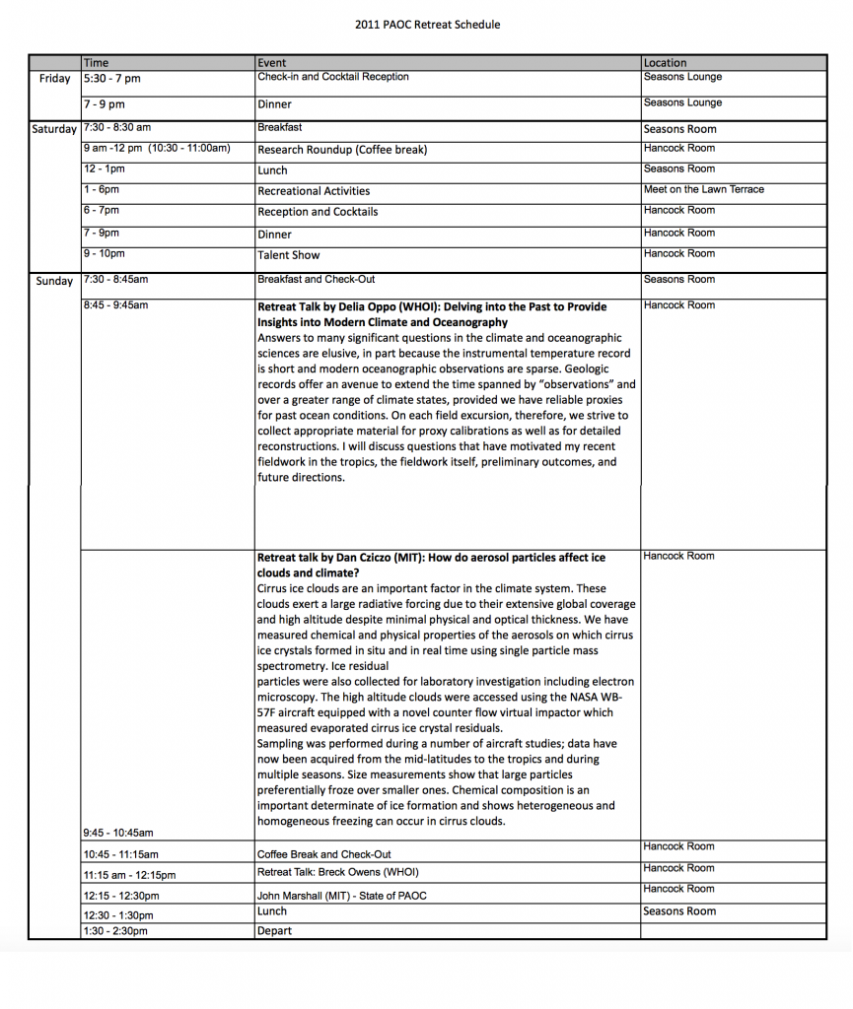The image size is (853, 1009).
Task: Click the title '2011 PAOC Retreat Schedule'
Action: [427, 25]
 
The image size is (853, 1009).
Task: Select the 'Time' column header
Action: [97, 63]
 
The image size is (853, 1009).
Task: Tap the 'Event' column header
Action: [271, 63]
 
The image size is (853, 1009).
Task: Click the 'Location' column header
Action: [665, 63]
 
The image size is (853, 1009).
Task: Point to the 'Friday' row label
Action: [54, 79]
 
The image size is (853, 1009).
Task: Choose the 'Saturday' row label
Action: [54, 129]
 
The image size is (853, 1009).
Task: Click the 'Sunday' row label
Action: [54, 281]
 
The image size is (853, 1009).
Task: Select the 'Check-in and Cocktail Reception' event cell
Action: [332, 77]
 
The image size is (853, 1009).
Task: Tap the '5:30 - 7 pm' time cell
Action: [111, 79]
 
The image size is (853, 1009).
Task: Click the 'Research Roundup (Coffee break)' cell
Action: [342, 150]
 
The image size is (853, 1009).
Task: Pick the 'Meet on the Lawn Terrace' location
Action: [703, 189]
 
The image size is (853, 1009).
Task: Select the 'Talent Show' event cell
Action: [288, 255]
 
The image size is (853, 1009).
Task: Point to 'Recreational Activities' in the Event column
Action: [314, 191]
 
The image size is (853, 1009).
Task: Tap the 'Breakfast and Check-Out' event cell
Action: [316, 279]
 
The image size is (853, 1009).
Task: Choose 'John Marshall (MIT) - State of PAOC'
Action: [341, 896]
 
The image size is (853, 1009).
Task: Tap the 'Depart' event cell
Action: [274, 931]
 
